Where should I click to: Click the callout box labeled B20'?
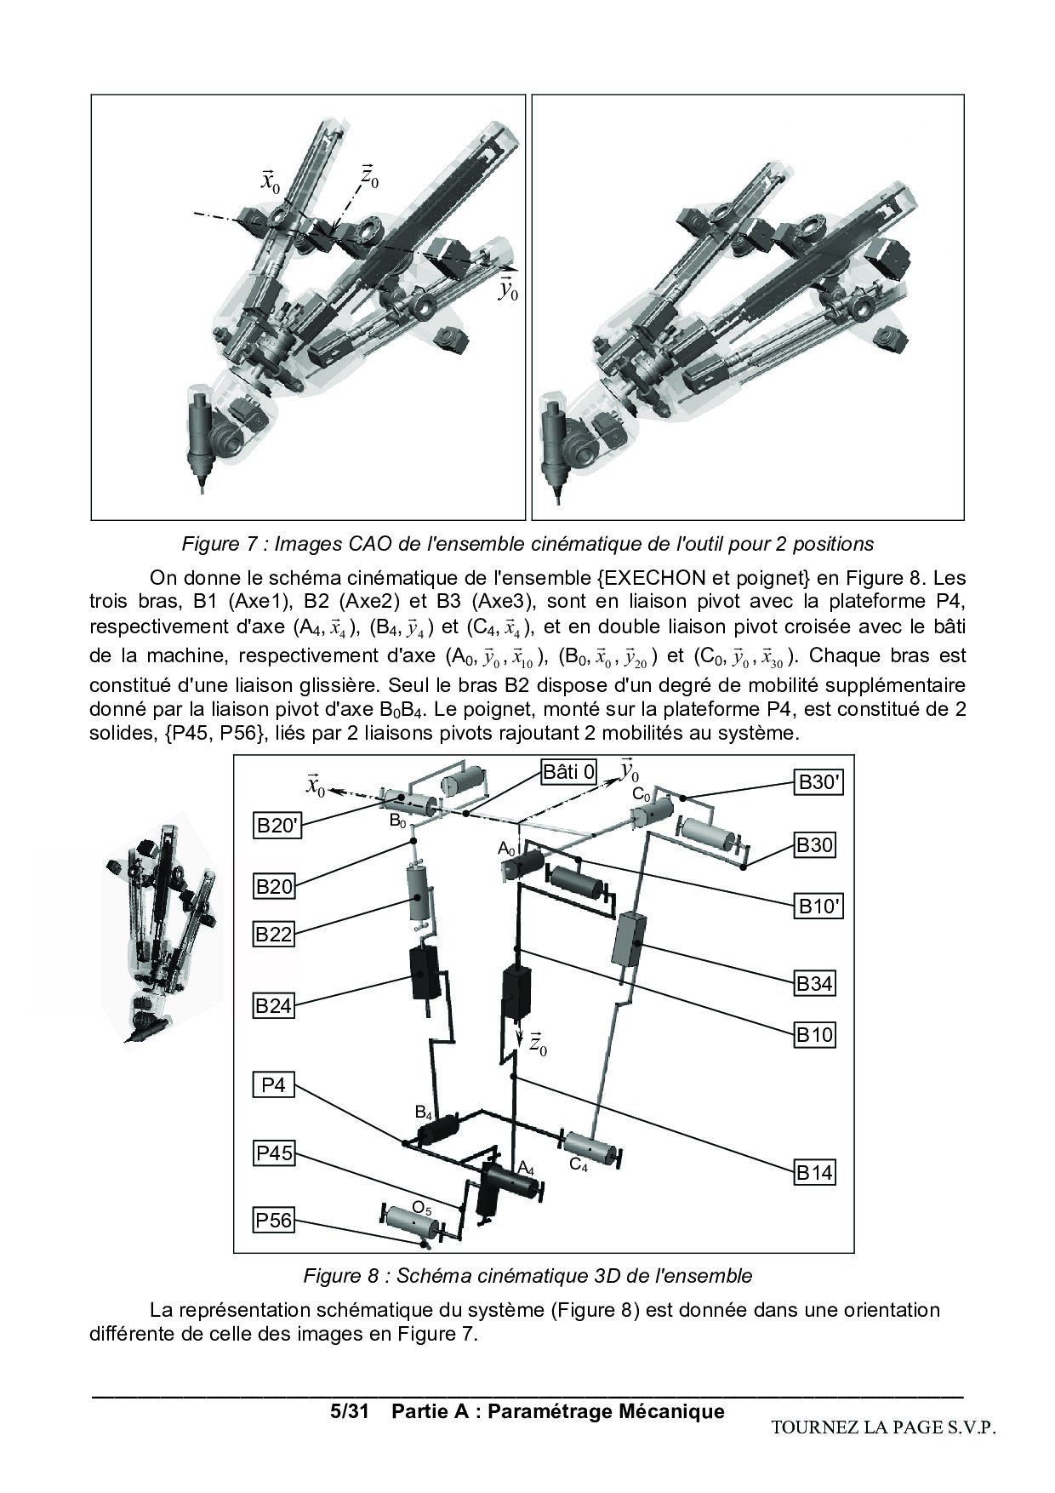tap(277, 826)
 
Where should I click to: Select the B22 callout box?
tap(274, 935)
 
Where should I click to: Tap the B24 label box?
tap(274, 1006)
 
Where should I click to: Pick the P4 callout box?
tap(273, 1086)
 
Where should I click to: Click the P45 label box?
tap(275, 1153)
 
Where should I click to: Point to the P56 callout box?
tap(274, 1221)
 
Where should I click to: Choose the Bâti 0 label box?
tap(569, 772)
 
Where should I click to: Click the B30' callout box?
tap(819, 782)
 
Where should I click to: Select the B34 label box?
tap(814, 984)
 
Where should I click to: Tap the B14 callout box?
tap(814, 1173)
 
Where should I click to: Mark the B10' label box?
tap(819, 907)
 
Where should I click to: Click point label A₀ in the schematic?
tap(506, 849)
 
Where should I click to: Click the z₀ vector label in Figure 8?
tap(537, 1044)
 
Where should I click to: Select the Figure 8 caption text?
tap(527, 1276)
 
